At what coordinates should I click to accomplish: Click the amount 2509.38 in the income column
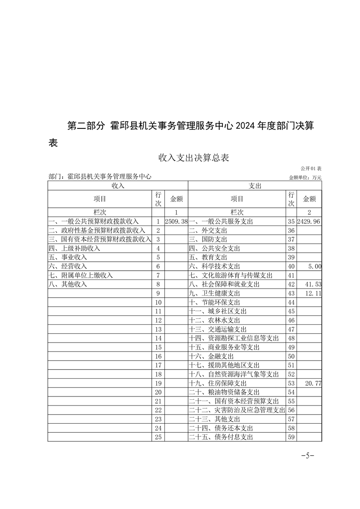tap(176, 221)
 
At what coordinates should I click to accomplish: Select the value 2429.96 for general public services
tap(309, 221)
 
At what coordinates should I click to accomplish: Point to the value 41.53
tap(313, 284)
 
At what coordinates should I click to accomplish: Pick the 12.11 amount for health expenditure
tap(313, 293)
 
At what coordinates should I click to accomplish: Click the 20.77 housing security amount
tap(313, 383)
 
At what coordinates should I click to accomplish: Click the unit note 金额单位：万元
tap(305, 177)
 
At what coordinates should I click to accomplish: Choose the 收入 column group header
tap(118, 186)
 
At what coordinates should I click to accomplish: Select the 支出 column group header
tap(255, 186)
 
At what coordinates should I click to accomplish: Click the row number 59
tap(291, 437)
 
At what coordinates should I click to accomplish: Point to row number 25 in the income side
tap(158, 437)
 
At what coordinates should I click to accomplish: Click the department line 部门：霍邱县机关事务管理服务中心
tap(100, 176)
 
